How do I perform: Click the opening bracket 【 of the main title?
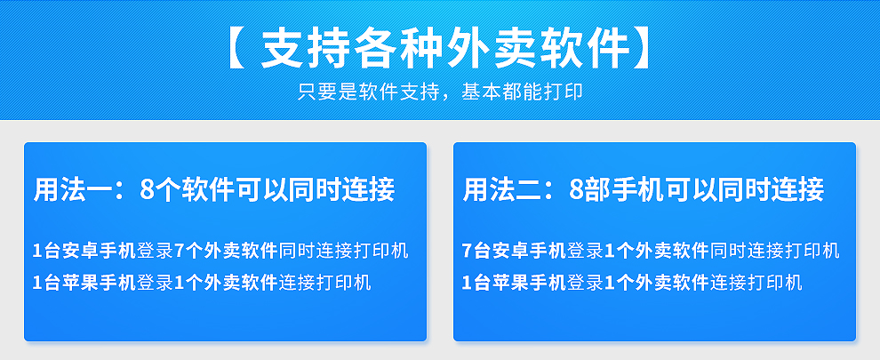235,50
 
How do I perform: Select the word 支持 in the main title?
298,49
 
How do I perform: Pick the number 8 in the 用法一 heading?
147,190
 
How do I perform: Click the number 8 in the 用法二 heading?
576,190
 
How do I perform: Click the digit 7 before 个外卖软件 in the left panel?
180,251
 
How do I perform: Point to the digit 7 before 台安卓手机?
468,251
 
